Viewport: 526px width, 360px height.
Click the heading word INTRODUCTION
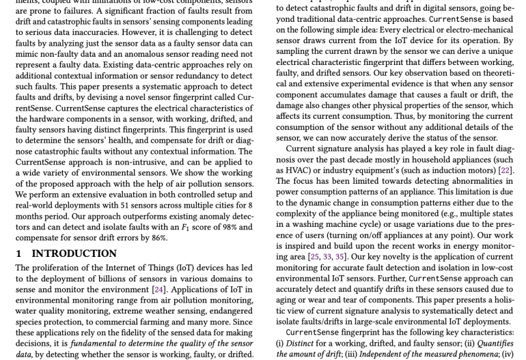(x=74, y=253)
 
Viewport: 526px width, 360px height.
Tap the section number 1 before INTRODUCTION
(x=18, y=253)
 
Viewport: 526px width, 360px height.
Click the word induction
(x=436, y=170)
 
